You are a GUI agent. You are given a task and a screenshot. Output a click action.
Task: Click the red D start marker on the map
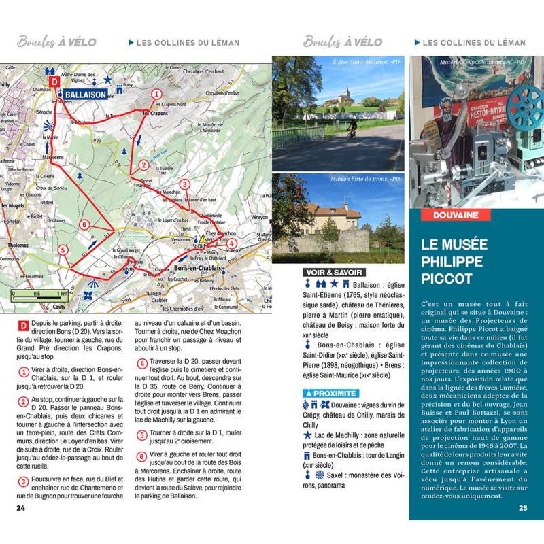56,80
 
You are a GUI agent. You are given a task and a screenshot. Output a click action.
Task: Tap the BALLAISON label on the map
88,95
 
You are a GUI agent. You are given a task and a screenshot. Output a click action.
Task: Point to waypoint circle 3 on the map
184,184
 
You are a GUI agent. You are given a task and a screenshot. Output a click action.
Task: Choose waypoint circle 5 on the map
63,250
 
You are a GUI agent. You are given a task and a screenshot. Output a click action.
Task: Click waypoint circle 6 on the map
84,224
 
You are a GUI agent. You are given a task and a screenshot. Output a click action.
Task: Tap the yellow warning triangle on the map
202,239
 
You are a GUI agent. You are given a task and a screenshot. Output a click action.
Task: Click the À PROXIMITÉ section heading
330,393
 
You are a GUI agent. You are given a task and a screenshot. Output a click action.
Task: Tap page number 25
522,507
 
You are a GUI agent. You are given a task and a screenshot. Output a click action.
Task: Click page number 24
21,507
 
